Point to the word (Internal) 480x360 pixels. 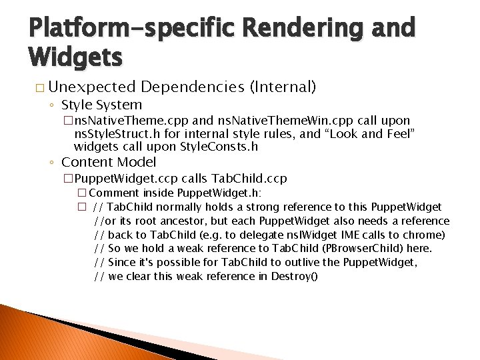[x=282, y=87]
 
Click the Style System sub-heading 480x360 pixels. [x=101, y=105]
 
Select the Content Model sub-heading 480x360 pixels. [x=109, y=162]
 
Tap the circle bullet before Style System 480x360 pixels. [x=52, y=105]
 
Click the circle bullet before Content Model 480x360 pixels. [x=52, y=163]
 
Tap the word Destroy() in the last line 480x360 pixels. [x=294, y=276]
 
